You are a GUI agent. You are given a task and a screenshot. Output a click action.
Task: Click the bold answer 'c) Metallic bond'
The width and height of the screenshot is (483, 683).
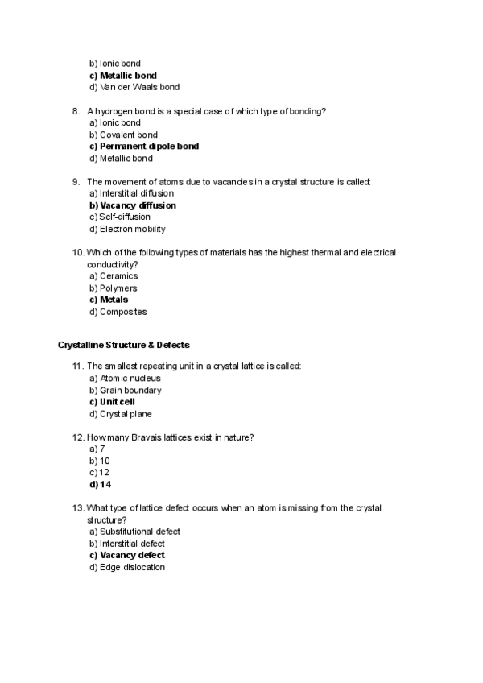point(123,76)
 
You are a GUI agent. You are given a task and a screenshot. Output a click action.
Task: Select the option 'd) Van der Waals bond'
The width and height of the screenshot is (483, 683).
point(134,87)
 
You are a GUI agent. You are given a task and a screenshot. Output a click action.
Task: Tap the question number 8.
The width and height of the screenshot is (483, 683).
point(75,111)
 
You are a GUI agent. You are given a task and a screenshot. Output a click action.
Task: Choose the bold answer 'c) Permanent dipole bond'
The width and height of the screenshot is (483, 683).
point(144,147)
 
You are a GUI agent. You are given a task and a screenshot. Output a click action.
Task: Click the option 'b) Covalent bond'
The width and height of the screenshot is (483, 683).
point(123,135)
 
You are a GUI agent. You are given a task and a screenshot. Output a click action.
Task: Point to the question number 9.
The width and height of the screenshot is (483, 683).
point(75,182)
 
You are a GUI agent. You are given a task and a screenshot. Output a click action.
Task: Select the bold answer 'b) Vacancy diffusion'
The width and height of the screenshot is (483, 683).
point(133,205)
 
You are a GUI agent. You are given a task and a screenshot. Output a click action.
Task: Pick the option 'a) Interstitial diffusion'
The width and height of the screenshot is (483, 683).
point(131,193)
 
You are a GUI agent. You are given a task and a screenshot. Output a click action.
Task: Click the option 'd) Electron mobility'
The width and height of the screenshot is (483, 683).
point(127,229)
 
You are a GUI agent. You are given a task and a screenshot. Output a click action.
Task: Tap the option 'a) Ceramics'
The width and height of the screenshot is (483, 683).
point(114,276)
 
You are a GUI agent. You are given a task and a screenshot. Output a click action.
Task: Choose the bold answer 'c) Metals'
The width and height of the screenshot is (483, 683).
point(109,300)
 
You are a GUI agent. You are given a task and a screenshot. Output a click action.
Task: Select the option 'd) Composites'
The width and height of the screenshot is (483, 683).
point(118,312)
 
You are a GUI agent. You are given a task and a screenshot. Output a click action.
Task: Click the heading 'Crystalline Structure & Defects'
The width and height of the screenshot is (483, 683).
point(124,345)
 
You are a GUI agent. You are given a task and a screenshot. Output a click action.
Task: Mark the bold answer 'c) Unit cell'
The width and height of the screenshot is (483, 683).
point(112,402)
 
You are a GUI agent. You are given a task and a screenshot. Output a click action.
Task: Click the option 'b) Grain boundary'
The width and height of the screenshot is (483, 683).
point(126,391)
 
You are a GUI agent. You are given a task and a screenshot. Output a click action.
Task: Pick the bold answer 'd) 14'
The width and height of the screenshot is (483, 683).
point(100,485)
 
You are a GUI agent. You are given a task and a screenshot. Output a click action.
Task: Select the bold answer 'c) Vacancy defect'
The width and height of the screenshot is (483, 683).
point(127,555)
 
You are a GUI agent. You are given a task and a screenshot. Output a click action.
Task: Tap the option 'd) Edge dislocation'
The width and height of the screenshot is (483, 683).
point(127,567)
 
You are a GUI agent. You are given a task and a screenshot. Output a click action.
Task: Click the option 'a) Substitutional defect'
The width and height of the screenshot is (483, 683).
point(134,532)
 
